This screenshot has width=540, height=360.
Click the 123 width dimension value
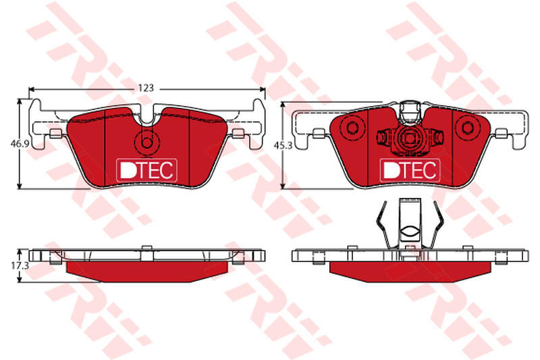[x=146, y=88]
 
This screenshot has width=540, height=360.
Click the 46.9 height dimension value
[x=20, y=144]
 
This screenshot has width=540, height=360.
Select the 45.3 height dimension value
[x=283, y=146]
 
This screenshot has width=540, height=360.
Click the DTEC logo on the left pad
[x=146, y=170]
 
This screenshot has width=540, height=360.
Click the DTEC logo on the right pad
[x=410, y=170]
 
